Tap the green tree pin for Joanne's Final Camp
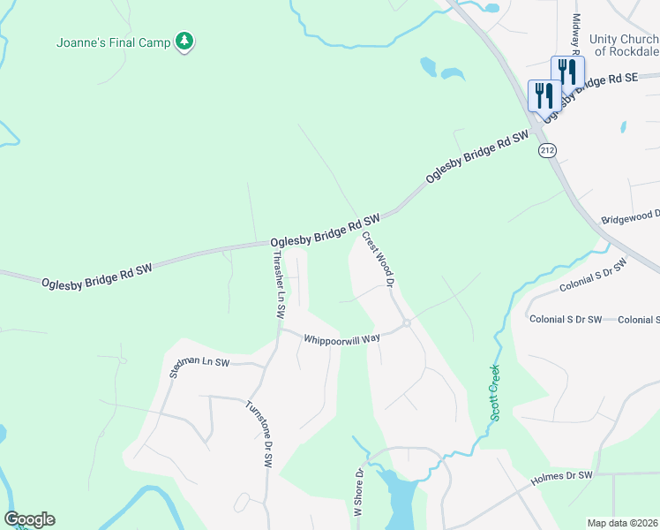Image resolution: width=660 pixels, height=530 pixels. coord(184,41)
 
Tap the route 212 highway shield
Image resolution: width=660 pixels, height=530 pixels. coord(547,151)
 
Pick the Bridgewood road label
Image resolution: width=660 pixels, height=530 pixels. coord(630,216)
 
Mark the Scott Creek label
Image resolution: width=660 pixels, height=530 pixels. coord(495,393)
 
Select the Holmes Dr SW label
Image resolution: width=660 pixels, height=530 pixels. coord(561,481)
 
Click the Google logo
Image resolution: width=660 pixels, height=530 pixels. coord(29,519)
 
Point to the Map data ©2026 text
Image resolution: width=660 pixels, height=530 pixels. coord(623,523)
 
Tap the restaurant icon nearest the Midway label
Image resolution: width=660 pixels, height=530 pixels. coord(567,71)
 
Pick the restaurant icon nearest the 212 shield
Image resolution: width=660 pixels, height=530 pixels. coord(544,95)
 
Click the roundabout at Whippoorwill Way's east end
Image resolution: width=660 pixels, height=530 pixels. coord(407,324)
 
